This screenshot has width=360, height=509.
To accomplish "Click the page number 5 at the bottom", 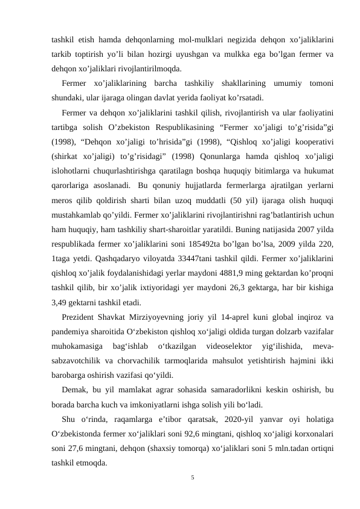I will [192, 478].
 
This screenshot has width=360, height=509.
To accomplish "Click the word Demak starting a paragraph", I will [76, 391].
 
